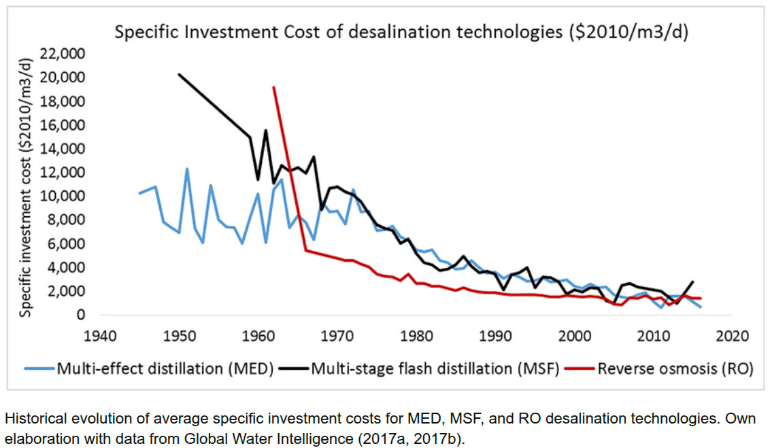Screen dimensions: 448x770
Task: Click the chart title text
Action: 401,33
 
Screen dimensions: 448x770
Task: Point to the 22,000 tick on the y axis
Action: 66,54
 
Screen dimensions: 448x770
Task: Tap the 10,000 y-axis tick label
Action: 66,196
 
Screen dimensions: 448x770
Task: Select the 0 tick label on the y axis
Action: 81,315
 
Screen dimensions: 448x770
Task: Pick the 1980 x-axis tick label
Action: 417,336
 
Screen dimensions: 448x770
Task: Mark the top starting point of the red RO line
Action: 273,87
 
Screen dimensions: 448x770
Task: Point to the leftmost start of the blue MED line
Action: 139,193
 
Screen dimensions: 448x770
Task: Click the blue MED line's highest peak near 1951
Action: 187,169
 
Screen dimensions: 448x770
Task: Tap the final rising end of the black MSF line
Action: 692,281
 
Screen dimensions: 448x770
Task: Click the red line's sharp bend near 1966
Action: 305,250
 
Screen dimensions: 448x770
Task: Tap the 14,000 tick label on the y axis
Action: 66,148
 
